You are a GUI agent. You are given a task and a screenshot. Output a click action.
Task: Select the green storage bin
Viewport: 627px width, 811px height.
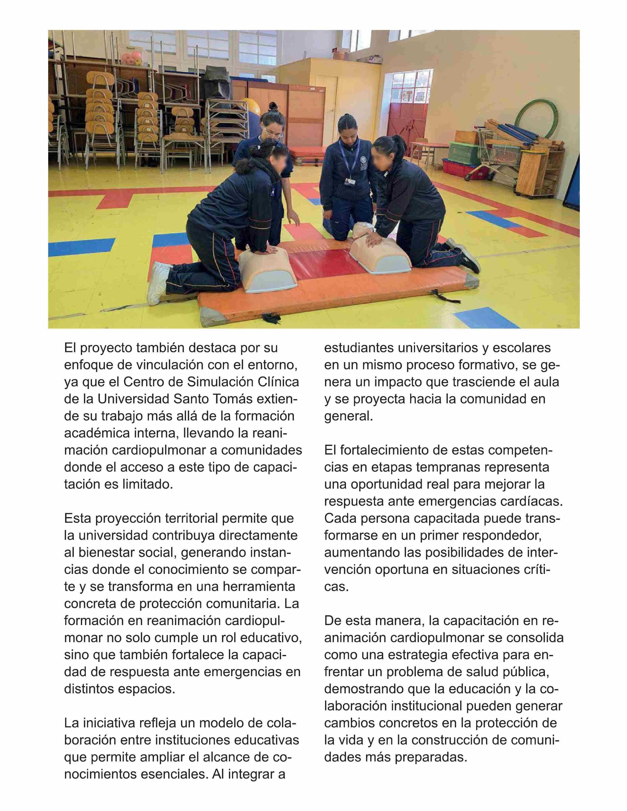464,152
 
